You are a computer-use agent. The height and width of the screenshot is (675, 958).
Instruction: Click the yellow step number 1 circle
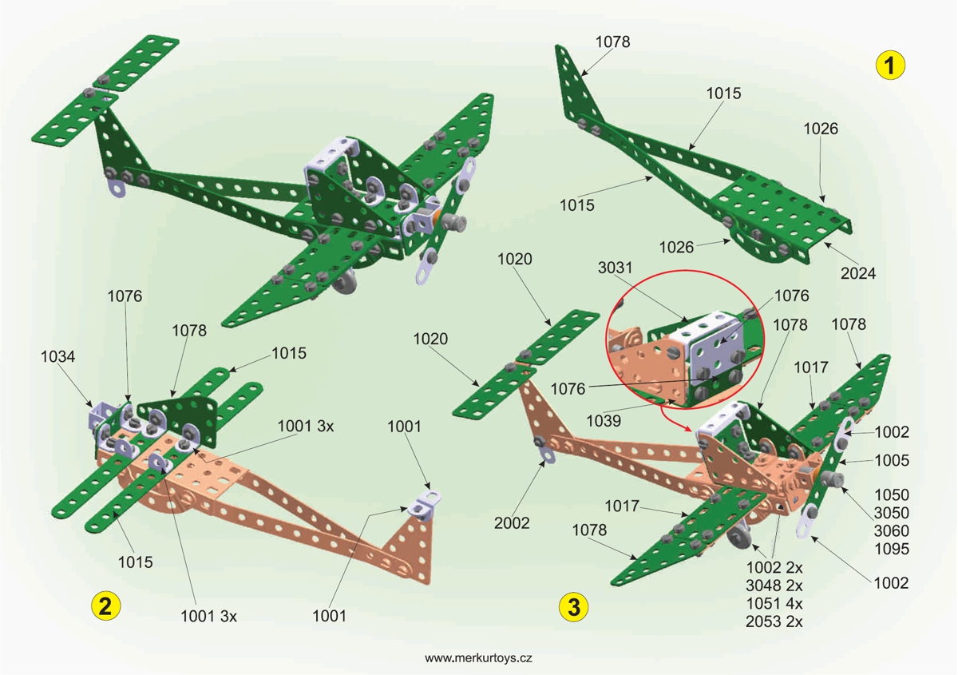tap(890, 65)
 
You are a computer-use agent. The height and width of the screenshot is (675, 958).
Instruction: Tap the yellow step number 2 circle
tap(105, 606)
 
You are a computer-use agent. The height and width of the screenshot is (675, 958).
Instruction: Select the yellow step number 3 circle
tap(573, 606)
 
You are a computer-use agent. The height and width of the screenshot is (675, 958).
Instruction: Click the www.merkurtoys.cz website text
tap(479, 658)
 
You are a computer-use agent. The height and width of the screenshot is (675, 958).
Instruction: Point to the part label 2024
tap(858, 274)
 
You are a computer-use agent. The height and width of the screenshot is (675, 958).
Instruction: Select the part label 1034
tap(58, 357)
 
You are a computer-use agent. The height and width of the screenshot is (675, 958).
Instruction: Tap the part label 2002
tap(511, 523)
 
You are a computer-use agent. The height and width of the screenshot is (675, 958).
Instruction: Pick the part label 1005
tap(892, 461)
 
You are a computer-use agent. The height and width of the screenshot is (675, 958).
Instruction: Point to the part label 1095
tap(892, 549)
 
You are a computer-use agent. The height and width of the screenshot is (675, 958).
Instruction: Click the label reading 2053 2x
tap(774, 621)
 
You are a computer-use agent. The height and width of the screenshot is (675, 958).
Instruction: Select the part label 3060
tap(892, 530)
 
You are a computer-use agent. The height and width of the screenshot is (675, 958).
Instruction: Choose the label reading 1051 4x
tap(774, 602)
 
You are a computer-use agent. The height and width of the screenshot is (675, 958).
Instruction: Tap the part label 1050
tap(892, 494)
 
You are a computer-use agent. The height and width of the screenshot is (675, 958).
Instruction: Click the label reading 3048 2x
tap(774, 585)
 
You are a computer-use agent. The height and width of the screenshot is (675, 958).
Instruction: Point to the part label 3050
tap(892, 513)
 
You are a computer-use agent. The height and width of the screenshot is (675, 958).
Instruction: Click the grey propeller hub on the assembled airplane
tap(453, 221)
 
